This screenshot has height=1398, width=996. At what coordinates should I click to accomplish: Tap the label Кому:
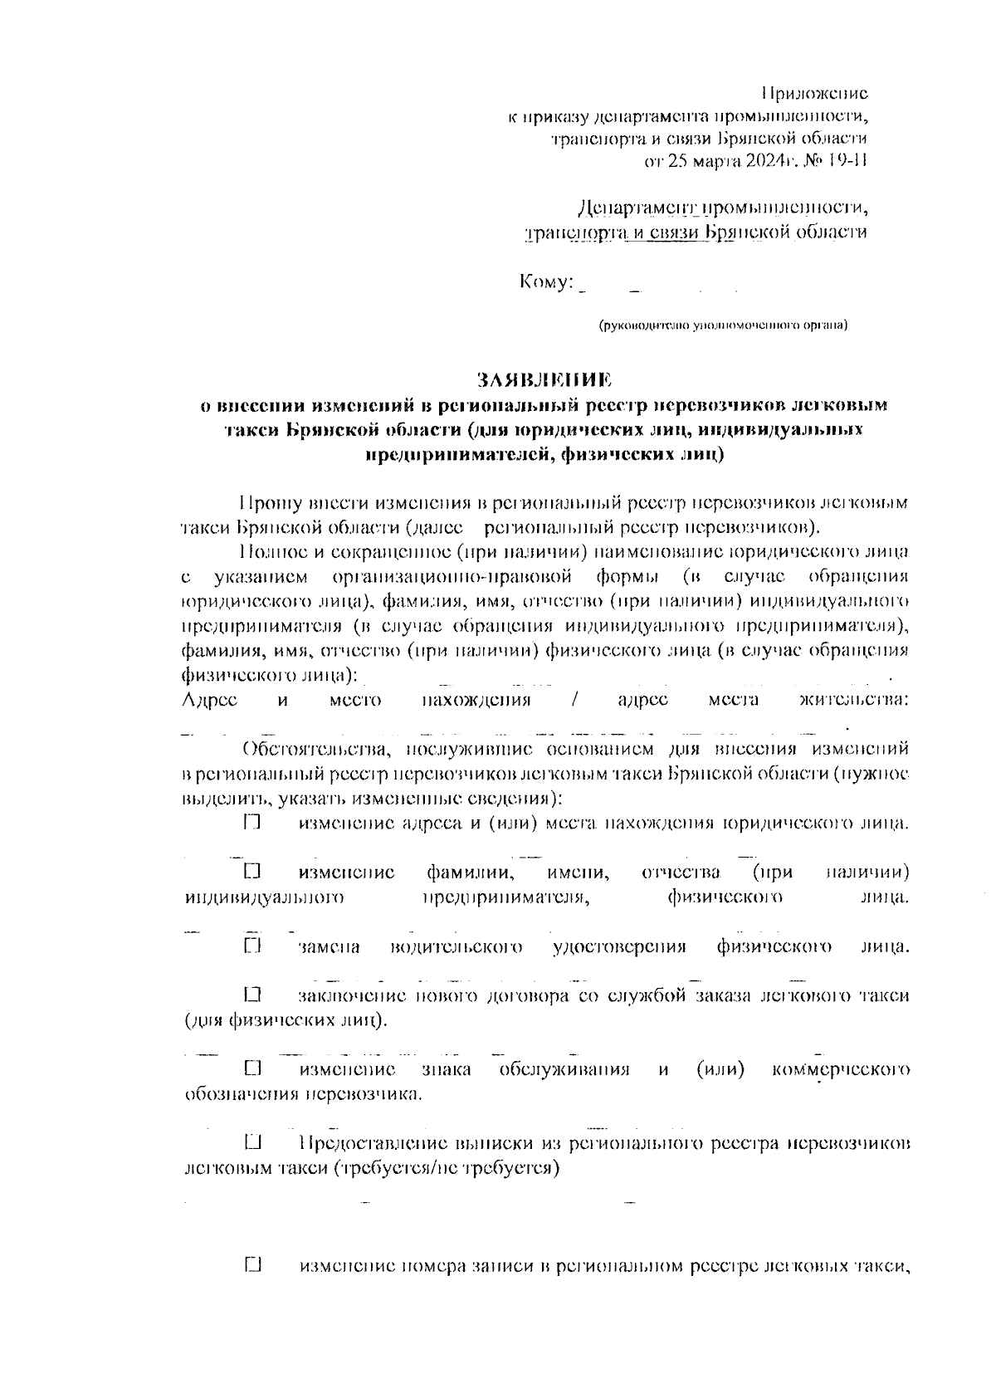tap(546, 282)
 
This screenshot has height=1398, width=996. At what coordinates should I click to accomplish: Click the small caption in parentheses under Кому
tap(723, 325)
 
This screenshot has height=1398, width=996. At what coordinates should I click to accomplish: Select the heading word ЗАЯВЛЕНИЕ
tap(544, 380)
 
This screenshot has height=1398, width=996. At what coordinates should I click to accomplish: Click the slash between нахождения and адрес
tap(574, 700)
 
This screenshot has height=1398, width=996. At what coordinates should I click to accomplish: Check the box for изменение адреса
tap(253, 824)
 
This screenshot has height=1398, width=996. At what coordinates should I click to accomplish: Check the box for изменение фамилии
tap(253, 873)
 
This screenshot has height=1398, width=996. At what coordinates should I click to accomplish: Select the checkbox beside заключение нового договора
tap(253, 994)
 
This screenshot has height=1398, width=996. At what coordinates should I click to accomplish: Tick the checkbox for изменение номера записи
tap(253, 1266)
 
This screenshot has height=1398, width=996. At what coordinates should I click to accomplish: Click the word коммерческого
tap(841, 1069)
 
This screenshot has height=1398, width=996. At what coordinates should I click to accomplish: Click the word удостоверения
tap(619, 947)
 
